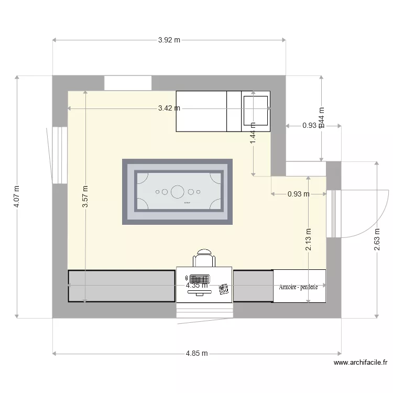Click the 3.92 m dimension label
[169, 40]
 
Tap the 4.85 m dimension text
[196, 354]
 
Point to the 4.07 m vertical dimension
[17, 196]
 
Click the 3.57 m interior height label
[85, 197]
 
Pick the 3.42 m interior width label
[169, 108]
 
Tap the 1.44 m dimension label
[253, 133]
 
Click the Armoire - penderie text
[299, 287]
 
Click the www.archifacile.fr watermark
[360, 362]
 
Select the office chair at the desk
[204, 258]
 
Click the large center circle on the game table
[178, 192]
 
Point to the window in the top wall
[128, 83]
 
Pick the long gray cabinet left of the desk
[121, 286]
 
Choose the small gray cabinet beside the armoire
[253, 286]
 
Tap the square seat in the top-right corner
[256, 111]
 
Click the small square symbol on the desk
[224, 288]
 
